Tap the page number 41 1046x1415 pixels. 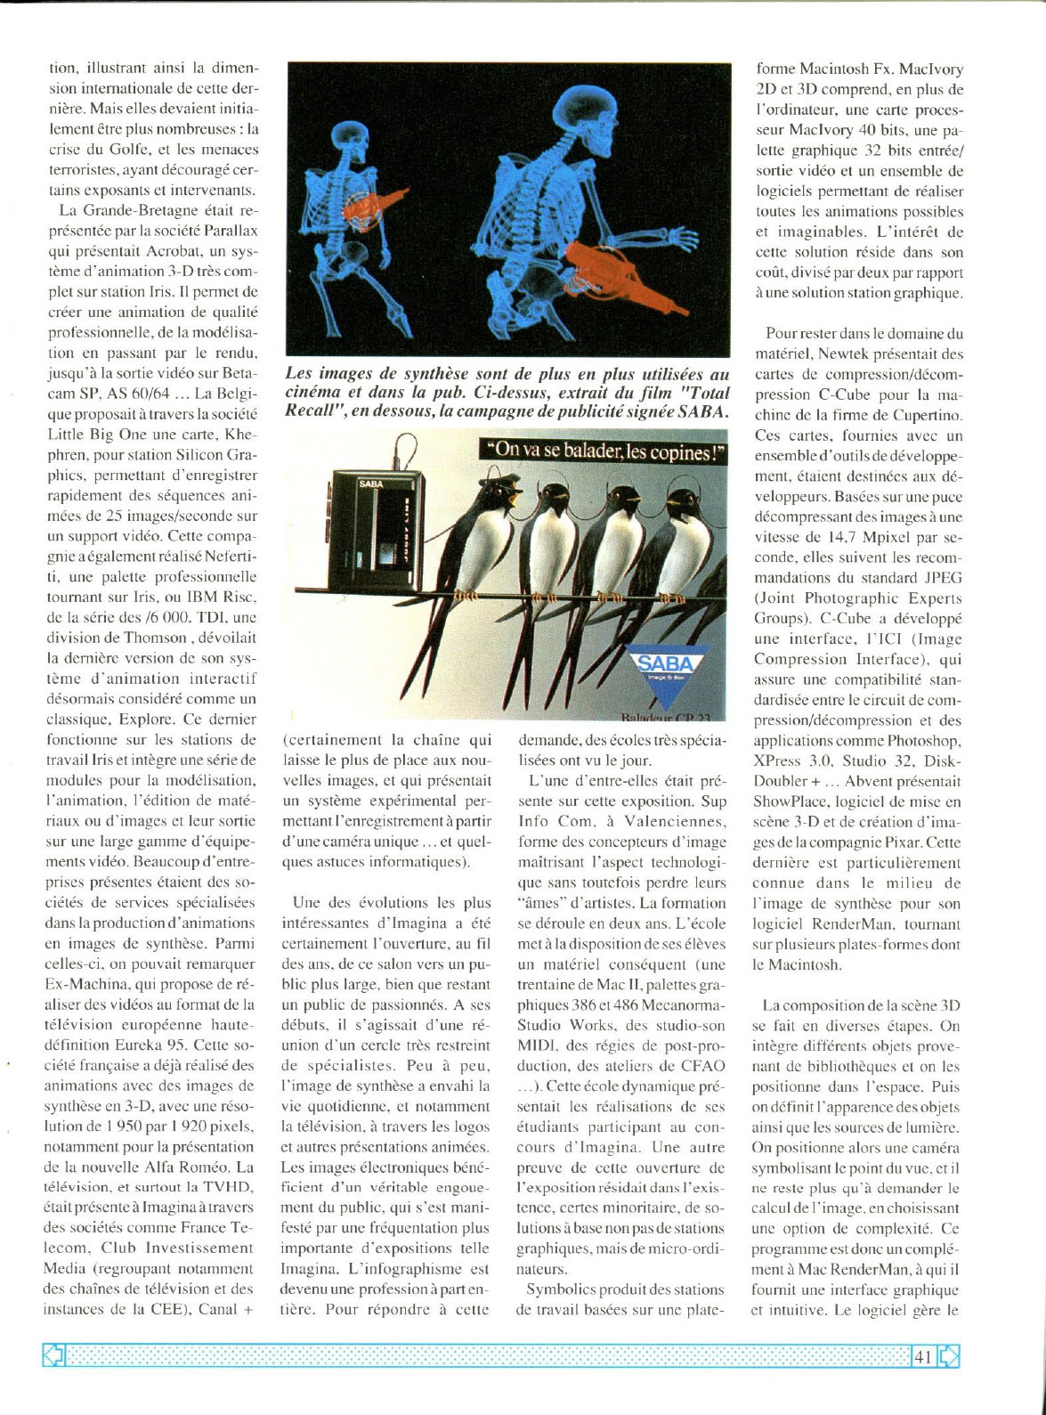(x=922, y=1357)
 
